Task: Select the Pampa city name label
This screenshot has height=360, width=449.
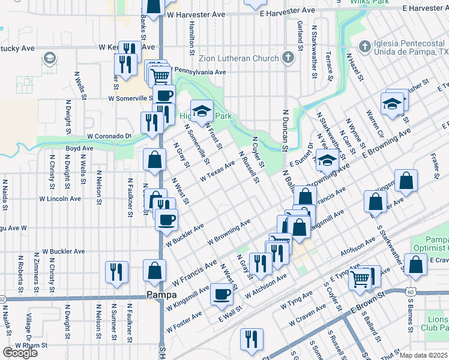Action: (x=161, y=295)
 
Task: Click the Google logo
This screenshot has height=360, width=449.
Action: (x=20, y=352)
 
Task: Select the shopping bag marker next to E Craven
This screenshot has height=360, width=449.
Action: (x=415, y=265)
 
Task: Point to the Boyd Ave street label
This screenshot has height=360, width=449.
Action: (x=79, y=148)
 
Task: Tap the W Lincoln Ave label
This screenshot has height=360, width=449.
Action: (x=60, y=198)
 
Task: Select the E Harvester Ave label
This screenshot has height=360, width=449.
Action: (x=292, y=11)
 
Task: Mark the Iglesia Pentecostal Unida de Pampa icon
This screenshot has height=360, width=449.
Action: (x=363, y=46)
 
